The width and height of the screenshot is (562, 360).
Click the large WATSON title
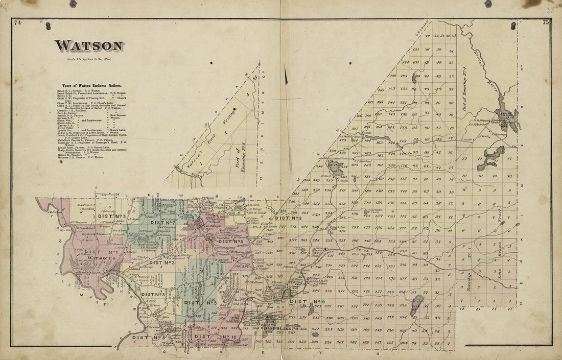pyautogui.click(x=89, y=46)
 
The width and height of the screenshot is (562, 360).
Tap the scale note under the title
pyautogui.click(x=89, y=60)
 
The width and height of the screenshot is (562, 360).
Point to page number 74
pyautogui.click(x=18, y=22)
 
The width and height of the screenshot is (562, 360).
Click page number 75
pyautogui.click(x=545, y=22)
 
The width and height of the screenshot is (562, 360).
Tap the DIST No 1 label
pyautogui.click(x=94, y=252)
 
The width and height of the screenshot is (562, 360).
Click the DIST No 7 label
pyautogui.click(x=163, y=223)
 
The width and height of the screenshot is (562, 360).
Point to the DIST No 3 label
pyautogui.click(x=162, y=262)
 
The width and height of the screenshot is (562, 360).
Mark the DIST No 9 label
pyautogui.click(x=312, y=302)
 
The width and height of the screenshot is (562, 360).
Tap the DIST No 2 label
pyautogui.click(x=153, y=295)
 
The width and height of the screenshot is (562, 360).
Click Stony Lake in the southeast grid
pyautogui.click(x=417, y=304)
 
